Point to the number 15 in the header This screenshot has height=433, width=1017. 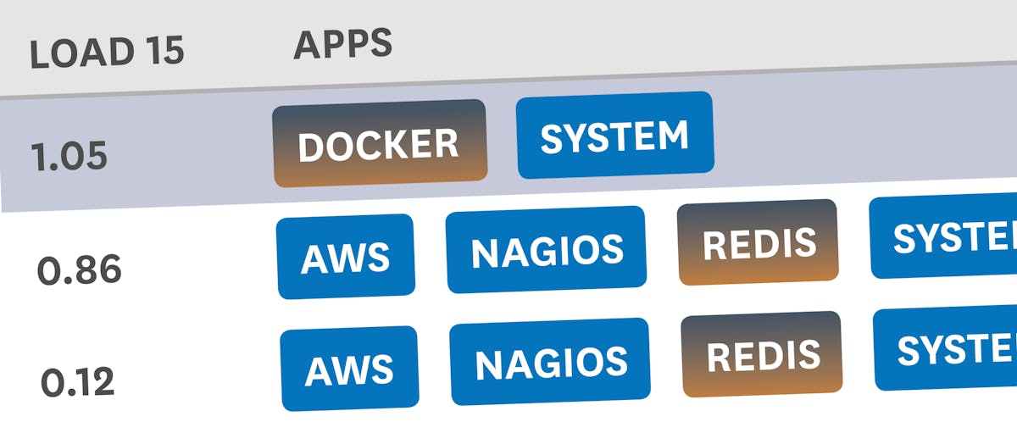point(158,51)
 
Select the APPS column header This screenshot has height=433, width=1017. point(342,43)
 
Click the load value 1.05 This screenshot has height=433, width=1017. point(69,157)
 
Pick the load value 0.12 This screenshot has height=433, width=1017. point(77,382)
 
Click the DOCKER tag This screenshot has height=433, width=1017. point(379,143)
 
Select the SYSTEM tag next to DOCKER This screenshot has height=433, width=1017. point(614,136)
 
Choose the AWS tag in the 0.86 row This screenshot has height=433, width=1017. point(346,256)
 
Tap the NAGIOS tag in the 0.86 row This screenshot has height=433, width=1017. point(547,249)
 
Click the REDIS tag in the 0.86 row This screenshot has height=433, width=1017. point(759,241)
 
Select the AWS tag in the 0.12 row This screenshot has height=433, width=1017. point(349,368)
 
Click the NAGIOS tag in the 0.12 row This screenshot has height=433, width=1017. point(550,362)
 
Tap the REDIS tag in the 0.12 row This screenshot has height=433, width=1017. point(763,354)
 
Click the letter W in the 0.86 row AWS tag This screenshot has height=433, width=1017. point(348,256)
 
